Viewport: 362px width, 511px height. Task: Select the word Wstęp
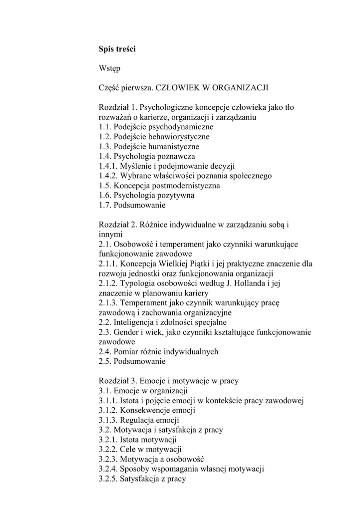pos(109,68)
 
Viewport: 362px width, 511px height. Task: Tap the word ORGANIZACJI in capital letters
pos(241,88)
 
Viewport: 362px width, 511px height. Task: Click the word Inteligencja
pos(136,322)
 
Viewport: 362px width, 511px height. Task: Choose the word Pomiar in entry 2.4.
pos(126,351)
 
